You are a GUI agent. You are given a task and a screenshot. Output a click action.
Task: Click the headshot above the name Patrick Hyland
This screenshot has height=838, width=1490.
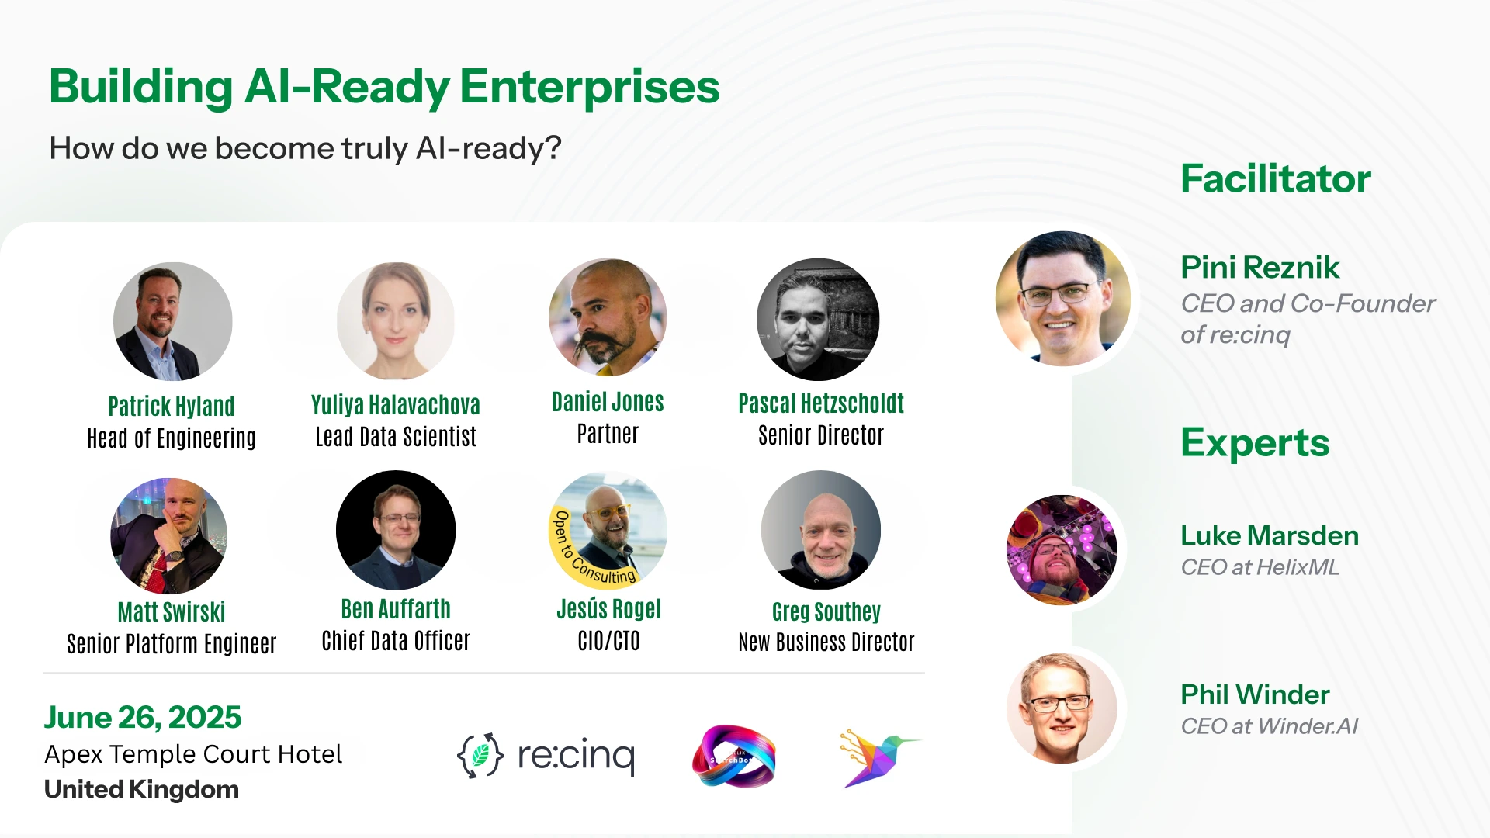[x=172, y=321]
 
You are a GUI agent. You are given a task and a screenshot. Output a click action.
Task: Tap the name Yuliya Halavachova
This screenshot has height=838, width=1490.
[x=395, y=405]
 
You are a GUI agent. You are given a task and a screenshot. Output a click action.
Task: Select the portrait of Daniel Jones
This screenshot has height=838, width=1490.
[x=608, y=317]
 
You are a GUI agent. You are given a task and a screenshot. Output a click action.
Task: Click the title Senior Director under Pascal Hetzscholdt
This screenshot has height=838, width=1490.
[x=820, y=435]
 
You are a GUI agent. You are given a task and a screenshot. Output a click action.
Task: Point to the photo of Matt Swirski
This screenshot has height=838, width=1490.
[x=169, y=535]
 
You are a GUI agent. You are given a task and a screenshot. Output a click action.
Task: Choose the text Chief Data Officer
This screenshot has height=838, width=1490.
[x=396, y=641]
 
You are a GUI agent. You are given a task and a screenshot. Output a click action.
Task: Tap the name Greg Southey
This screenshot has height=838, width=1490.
[x=826, y=611]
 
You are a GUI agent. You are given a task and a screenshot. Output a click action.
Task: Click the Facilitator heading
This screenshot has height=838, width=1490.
[x=1275, y=178]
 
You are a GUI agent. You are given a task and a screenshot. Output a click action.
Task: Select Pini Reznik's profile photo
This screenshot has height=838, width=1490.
[x=1062, y=299]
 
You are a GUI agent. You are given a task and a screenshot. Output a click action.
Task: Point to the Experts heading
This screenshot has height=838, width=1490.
[x=1254, y=442]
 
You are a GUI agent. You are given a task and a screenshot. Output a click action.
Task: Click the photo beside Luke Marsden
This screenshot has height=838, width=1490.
[x=1062, y=549]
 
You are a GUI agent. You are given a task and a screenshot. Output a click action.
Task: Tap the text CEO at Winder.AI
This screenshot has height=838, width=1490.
[x=1269, y=726]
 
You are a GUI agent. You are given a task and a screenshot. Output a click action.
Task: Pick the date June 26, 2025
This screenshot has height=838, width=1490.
[x=143, y=717]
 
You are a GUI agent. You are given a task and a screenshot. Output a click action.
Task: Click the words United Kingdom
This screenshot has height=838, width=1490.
[x=141, y=789]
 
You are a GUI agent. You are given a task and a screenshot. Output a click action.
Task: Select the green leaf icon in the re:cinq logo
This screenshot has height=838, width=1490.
[x=480, y=755]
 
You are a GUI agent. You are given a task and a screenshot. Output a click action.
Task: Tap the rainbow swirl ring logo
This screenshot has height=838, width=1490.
[x=733, y=757]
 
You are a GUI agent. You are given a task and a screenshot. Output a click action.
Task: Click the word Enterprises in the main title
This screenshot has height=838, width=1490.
[x=589, y=86]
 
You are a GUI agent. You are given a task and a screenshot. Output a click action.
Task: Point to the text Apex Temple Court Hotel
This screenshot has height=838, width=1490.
[x=193, y=754]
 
